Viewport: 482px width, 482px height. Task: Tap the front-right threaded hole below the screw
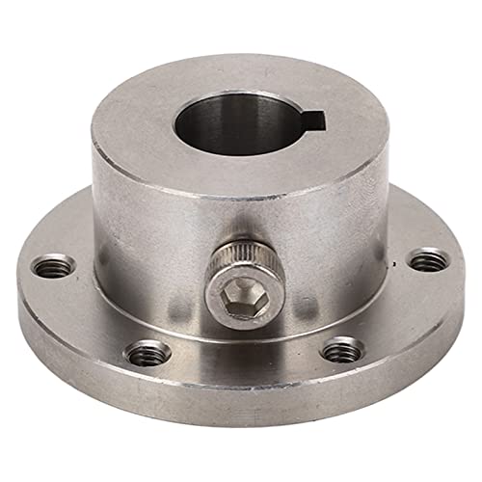point(342,351)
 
